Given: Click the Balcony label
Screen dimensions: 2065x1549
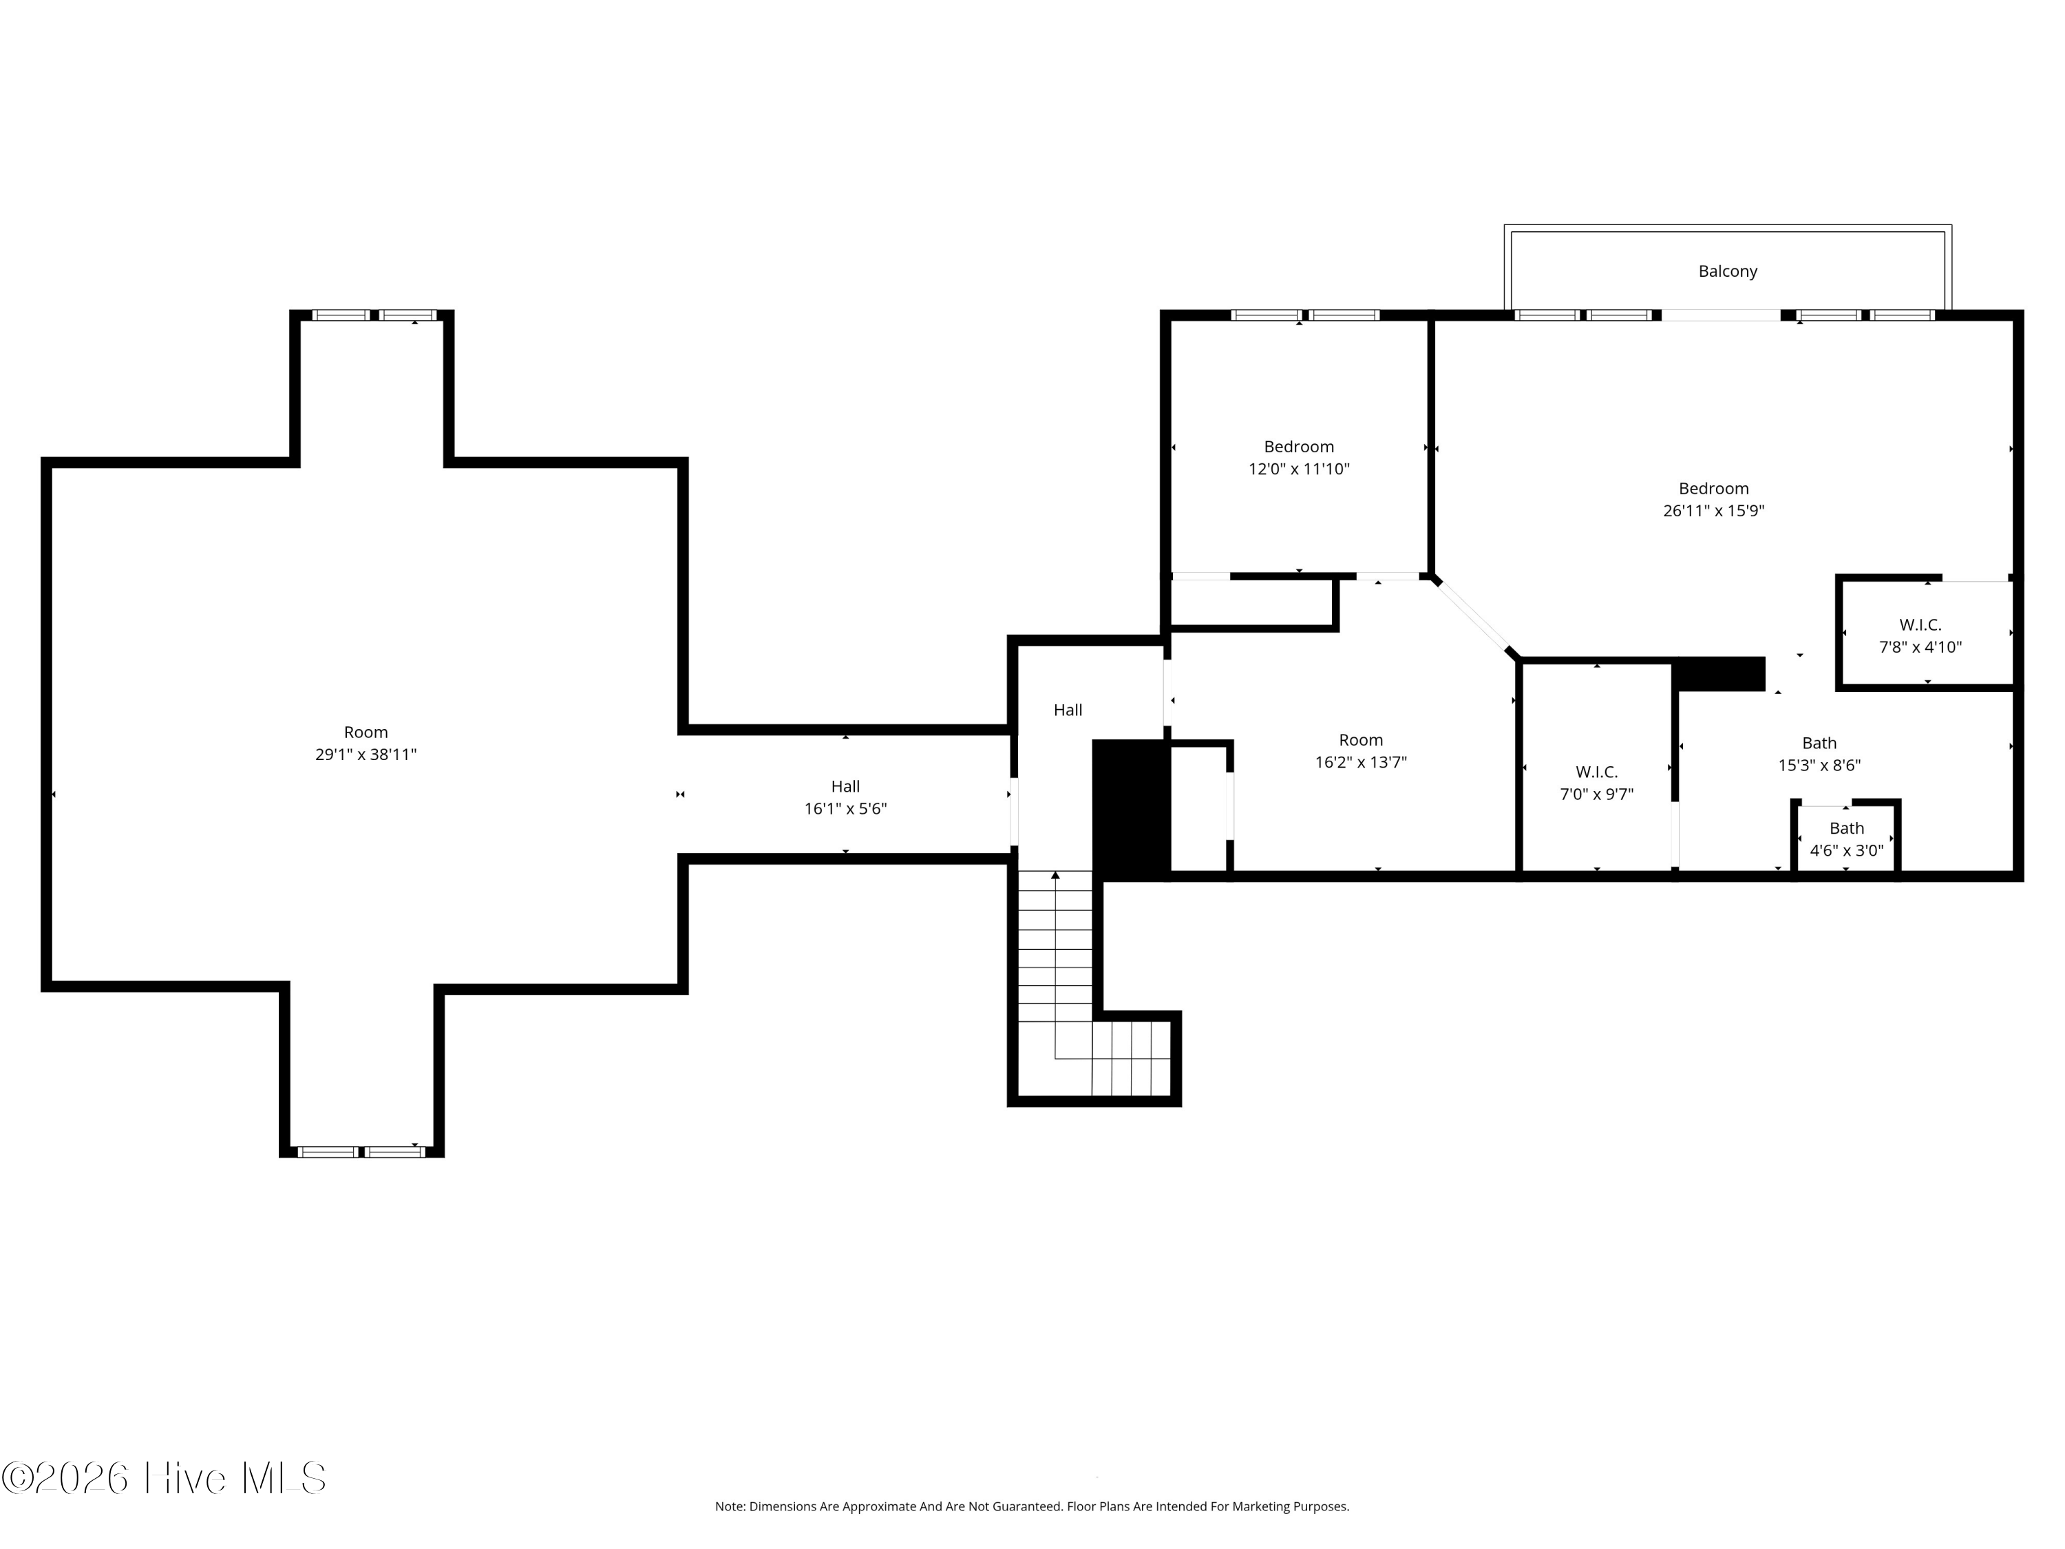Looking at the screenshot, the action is coord(1727,271).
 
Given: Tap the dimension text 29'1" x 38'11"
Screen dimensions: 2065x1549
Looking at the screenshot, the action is coord(366,755).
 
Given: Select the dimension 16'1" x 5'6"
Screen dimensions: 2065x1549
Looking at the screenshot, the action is coord(846,809).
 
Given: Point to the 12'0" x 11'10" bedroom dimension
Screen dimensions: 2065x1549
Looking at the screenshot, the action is coord(1300,469).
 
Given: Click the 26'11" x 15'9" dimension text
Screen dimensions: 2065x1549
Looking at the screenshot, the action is coord(1714,511).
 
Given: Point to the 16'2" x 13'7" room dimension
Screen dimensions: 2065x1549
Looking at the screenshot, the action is coord(1361,762).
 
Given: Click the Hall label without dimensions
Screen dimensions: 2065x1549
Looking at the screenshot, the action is coord(1068,710).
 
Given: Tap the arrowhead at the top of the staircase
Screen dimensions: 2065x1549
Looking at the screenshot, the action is coord(1056,876).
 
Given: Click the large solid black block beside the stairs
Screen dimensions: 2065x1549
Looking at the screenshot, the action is coord(1132,809).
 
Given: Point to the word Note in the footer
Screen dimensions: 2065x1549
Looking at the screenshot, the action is coord(730,1532).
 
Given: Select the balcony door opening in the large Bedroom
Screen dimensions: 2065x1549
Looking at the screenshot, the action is coord(1721,315).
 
